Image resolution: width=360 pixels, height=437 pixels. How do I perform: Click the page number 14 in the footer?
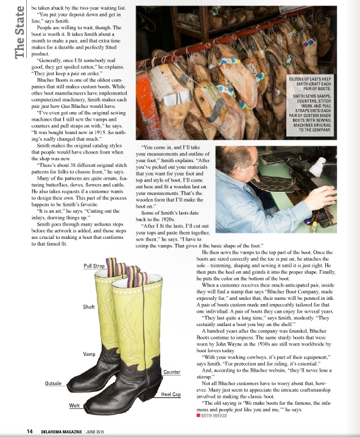tap(29, 431)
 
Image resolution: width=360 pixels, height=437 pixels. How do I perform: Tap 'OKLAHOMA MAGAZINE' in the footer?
tap(60, 431)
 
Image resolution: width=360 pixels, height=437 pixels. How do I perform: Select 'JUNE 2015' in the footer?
tap(101, 431)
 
